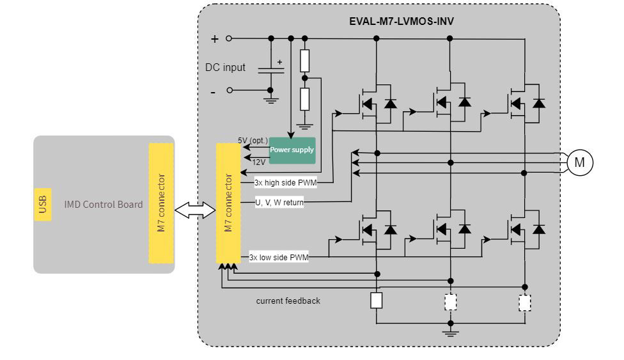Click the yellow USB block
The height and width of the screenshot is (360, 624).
[x=43, y=205]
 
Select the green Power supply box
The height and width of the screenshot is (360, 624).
[x=292, y=150]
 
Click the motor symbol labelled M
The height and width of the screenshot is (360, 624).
[x=579, y=162]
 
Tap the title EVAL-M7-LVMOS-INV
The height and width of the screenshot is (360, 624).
[x=402, y=21]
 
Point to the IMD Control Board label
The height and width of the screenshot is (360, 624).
[x=104, y=205]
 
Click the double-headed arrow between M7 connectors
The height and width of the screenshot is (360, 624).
[x=195, y=211]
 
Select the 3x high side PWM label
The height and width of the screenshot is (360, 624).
[x=285, y=182]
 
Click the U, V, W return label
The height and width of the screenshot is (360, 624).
[x=279, y=203]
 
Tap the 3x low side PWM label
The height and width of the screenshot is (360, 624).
[x=279, y=258]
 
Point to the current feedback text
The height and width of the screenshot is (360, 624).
[x=288, y=301]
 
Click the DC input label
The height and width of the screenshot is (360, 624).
[x=225, y=67]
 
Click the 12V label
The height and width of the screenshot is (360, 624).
[x=258, y=162]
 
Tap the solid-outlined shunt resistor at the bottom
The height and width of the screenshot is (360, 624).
[x=377, y=301]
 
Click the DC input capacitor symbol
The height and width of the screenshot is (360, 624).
[x=270, y=70]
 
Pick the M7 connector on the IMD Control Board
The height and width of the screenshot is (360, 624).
[x=161, y=203]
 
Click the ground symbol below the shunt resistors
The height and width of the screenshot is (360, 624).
[x=451, y=332]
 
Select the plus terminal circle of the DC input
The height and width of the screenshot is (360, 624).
[x=229, y=38]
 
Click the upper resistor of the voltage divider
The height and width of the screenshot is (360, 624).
[x=305, y=61]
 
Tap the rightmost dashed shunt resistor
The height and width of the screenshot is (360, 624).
[x=525, y=302]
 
